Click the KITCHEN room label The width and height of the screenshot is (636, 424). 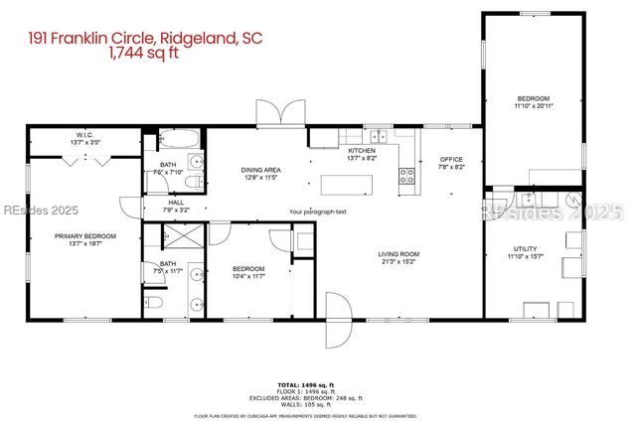click(x=361, y=150)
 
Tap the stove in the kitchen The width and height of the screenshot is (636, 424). click(x=407, y=177)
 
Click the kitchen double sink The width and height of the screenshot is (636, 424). click(x=378, y=136)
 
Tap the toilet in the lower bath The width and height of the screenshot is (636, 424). click(x=154, y=302)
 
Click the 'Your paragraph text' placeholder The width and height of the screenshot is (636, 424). click(x=318, y=212)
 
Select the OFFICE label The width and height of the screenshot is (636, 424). click(x=452, y=159)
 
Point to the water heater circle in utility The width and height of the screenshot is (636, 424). click(x=575, y=198)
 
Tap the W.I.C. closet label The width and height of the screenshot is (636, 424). click(x=85, y=136)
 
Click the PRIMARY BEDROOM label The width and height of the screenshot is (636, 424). click(x=85, y=236)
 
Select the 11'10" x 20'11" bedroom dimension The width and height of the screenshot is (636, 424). click(x=534, y=106)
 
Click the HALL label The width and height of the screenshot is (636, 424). click(x=177, y=203)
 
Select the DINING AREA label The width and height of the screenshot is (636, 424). click(x=261, y=170)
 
